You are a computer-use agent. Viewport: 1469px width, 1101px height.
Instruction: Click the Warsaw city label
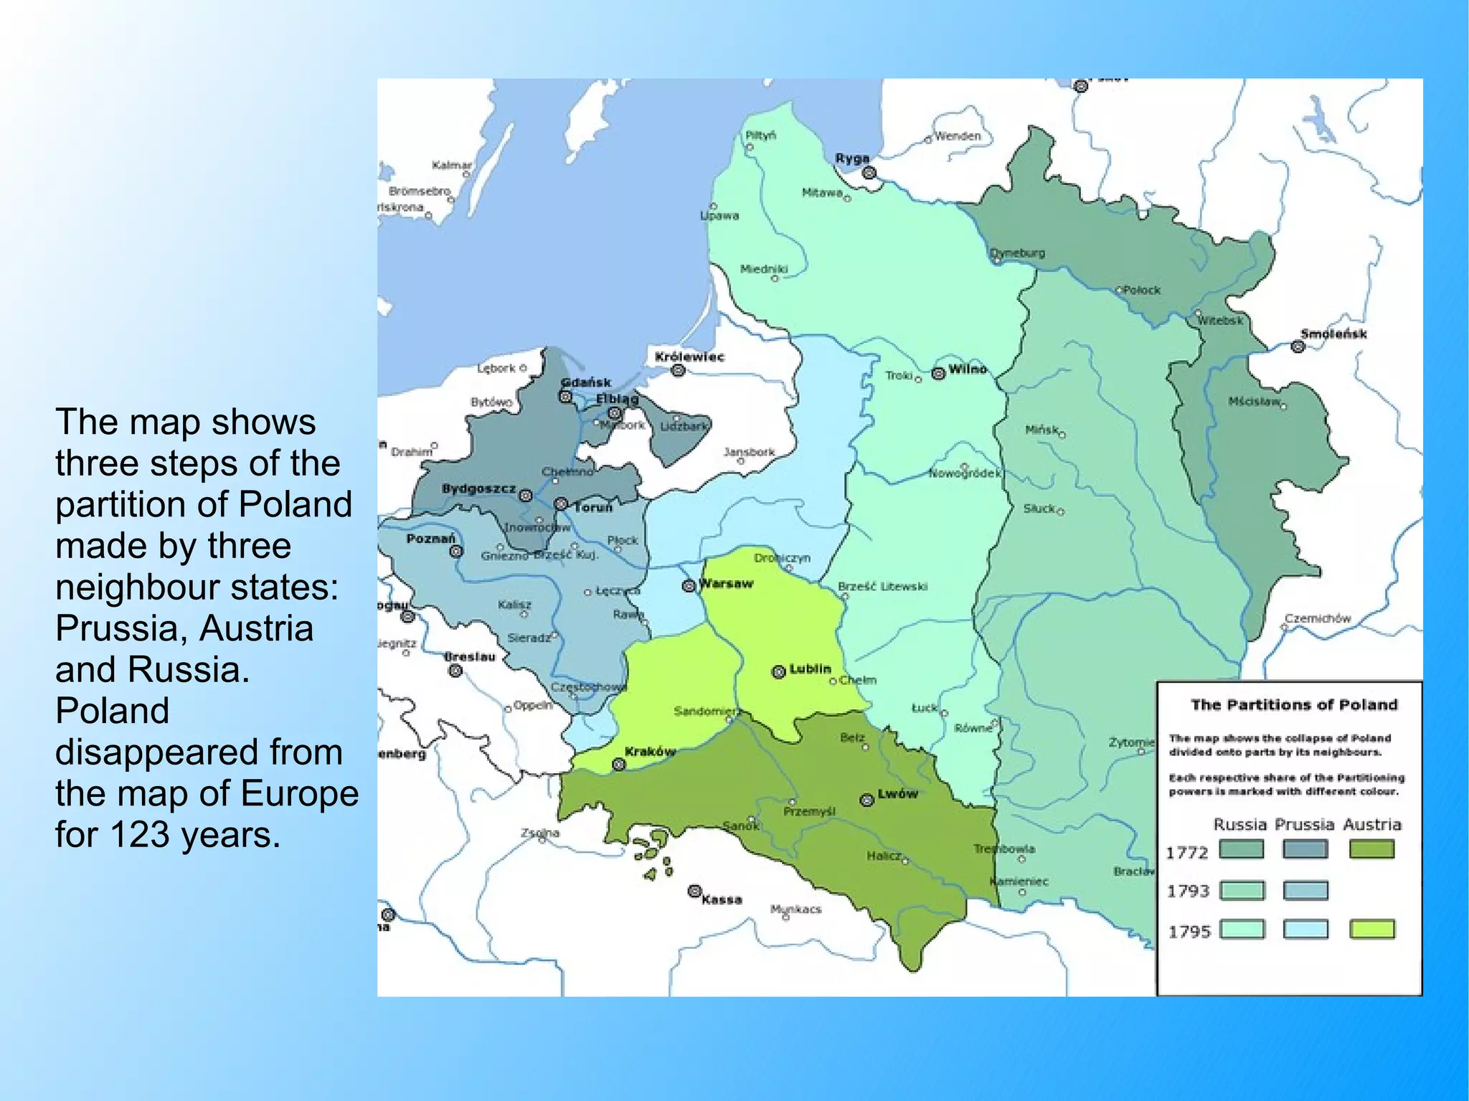(727, 583)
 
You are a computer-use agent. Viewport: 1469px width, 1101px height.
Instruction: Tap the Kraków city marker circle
(619, 765)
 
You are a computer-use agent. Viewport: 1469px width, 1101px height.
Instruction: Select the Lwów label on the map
(897, 794)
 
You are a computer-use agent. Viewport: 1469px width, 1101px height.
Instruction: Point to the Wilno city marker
(938, 373)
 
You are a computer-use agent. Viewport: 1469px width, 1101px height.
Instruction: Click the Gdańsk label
(586, 382)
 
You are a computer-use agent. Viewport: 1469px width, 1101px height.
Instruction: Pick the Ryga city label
(852, 159)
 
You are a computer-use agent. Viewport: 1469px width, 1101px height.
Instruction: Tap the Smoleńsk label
(1333, 334)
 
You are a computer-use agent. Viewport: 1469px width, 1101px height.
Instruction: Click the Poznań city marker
(456, 552)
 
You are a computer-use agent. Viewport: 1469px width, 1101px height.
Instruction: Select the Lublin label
(810, 668)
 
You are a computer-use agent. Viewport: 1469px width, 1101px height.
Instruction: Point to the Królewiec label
(689, 356)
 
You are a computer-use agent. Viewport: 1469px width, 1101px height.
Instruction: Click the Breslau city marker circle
(455, 671)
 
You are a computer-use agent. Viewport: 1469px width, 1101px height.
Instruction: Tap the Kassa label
(722, 899)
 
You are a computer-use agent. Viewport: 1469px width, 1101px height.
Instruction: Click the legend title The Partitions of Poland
(1294, 704)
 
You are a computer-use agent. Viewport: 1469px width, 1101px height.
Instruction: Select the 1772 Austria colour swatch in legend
(1371, 850)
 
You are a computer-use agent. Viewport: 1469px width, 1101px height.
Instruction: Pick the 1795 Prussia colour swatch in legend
(1305, 930)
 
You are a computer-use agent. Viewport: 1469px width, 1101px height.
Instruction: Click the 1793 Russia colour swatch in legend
(1242, 891)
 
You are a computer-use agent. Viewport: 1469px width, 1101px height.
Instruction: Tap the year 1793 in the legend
(1188, 891)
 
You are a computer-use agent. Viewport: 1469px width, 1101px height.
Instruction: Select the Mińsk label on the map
(1041, 430)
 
